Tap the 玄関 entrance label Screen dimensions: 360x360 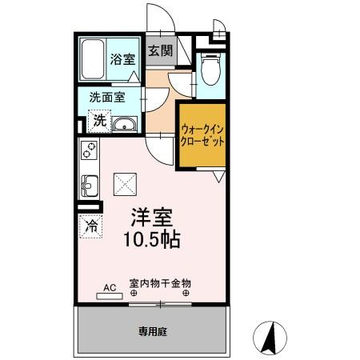(160, 51)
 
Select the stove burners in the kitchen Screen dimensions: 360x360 (89, 151)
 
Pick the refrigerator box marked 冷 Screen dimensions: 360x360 (90, 226)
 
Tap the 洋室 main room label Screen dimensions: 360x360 (150, 218)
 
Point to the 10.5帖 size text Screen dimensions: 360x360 (150, 238)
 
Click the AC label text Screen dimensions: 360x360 (110, 286)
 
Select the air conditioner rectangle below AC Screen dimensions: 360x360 (110, 295)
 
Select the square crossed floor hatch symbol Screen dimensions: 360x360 (125, 185)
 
